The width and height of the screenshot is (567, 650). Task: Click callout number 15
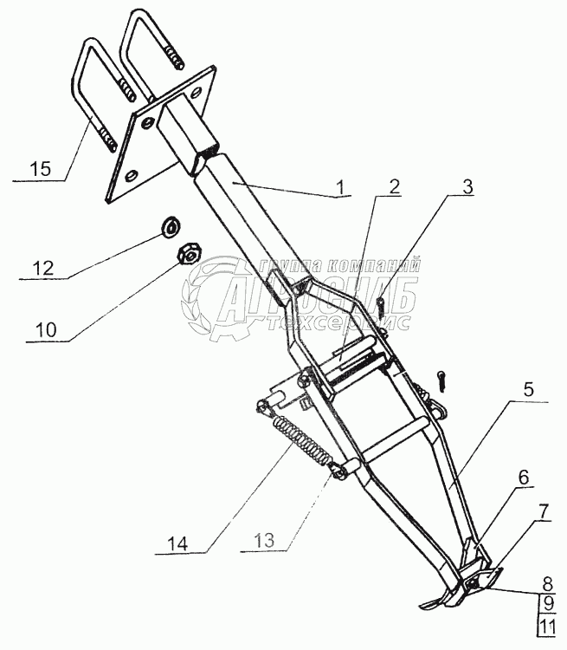point(38,168)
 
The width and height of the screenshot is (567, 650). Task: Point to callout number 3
point(467,186)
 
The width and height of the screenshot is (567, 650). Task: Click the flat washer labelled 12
point(171,228)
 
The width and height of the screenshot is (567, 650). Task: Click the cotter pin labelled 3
point(382,305)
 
